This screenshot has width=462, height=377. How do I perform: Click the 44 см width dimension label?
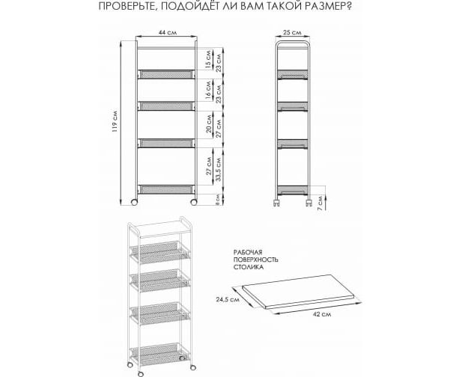click(168, 32)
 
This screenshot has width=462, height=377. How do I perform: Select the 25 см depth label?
click(292, 32)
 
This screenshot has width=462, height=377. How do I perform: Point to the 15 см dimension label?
click(208, 60)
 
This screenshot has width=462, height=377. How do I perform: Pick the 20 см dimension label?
click(209, 123)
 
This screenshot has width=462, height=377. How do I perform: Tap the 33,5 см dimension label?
click(218, 169)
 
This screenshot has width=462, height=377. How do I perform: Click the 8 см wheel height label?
click(217, 199)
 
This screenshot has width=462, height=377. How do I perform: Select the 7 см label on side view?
click(320, 202)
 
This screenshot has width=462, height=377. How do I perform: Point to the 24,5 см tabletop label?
click(227, 300)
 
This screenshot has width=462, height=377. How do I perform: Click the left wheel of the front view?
click(134, 202)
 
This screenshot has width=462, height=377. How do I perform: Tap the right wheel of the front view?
click(194, 202)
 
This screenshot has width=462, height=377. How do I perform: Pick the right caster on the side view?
click(308, 203)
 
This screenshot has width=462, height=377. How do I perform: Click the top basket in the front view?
click(166, 74)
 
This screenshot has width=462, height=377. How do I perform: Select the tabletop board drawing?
click(297, 292)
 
